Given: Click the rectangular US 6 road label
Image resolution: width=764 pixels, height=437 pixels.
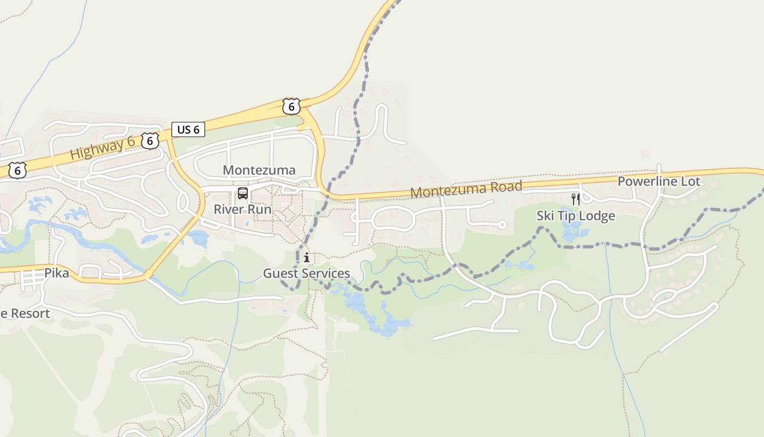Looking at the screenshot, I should pos(188,129).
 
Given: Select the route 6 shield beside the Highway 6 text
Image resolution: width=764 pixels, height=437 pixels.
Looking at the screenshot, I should pos(150,140).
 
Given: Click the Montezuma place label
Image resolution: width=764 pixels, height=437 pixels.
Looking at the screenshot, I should pos(259,170).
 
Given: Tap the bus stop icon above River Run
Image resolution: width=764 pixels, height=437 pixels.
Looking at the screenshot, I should pos(243,193).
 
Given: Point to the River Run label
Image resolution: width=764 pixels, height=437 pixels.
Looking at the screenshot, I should pos(242,209).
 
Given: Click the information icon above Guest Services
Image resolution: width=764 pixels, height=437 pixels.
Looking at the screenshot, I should pos(307,257).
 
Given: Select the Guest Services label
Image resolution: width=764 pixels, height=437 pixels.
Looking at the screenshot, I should pos(307,273).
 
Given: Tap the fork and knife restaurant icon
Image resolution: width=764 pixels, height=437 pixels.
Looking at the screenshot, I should pos(575,199).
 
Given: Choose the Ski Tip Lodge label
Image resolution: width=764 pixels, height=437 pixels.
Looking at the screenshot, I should pos(576,216).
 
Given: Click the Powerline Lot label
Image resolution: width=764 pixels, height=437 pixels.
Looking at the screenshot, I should pos(659,181).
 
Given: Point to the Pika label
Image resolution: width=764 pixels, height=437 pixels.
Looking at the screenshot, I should pos(57,273).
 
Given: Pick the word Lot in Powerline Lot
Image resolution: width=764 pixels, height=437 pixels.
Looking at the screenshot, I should pos(690,181).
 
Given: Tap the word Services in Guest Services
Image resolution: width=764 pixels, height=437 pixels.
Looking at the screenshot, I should pos(327,273).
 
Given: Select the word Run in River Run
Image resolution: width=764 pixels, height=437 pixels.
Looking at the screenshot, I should pos(260,209).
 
